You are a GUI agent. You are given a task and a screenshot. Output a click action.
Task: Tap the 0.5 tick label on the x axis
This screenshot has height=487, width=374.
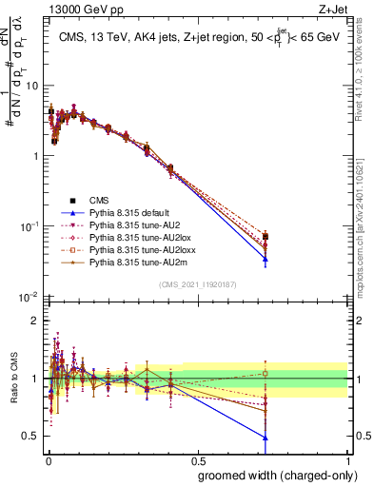pyautogui.click(x=197, y=459)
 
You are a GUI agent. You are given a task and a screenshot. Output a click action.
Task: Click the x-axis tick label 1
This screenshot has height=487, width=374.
pyautogui.click(x=346, y=459)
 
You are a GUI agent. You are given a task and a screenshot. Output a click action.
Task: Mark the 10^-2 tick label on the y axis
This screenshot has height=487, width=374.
pyautogui.click(x=29, y=297)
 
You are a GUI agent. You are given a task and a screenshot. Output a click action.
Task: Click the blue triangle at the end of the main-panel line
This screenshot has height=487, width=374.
pyautogui.click(x=266, y=259)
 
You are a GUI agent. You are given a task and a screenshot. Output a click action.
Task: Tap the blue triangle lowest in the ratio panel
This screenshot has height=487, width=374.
pyautogui.click(x=266, y=438)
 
